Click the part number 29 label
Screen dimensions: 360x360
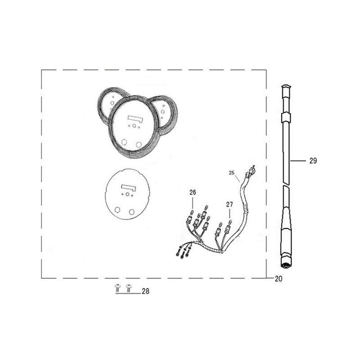click(x=313, y=161)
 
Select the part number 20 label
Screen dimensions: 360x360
click(x=279, y=279)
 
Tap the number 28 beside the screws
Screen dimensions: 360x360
click(x=145, y=291)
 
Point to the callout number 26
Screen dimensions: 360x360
click(x=193, y=193)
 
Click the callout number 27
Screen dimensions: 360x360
click(x=229, y=204)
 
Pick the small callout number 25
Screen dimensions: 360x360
click(x=231, y=173)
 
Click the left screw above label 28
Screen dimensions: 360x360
click(x=117, y=288)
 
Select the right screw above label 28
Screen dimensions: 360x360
click(x=129, y=288)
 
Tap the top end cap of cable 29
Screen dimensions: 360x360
click(x=286, y=87)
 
